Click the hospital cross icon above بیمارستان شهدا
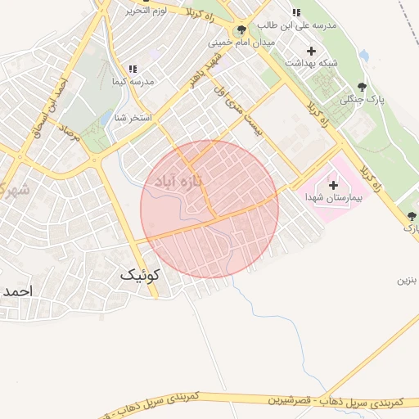tap(332, 186)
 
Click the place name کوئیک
tap(139, 275)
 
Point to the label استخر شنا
tap(133, 118)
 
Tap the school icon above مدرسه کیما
tap(133, 70)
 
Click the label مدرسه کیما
tap(133, 82)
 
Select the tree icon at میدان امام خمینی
tap(241, 31)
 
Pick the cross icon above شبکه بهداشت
tap(310, 51)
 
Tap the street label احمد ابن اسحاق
tap(49, 102)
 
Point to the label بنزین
tap(408, 280)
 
